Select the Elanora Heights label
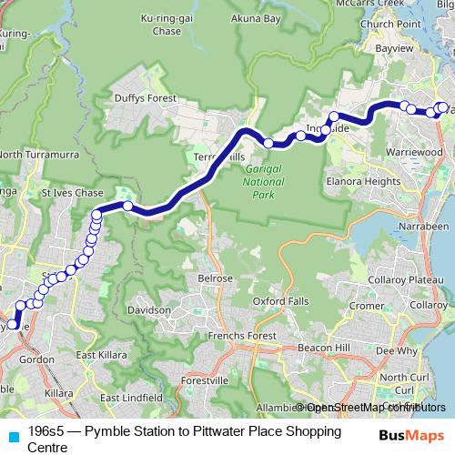click(x=362, y=181)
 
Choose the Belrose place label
click(x=214, y=278)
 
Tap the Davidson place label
click(x=149, y=310)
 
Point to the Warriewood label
click(x=414, y=151)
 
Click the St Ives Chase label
click(x=69, y=195)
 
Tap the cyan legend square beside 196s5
click(x=13, y=436)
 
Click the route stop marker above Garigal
click(x=269, y=143)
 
